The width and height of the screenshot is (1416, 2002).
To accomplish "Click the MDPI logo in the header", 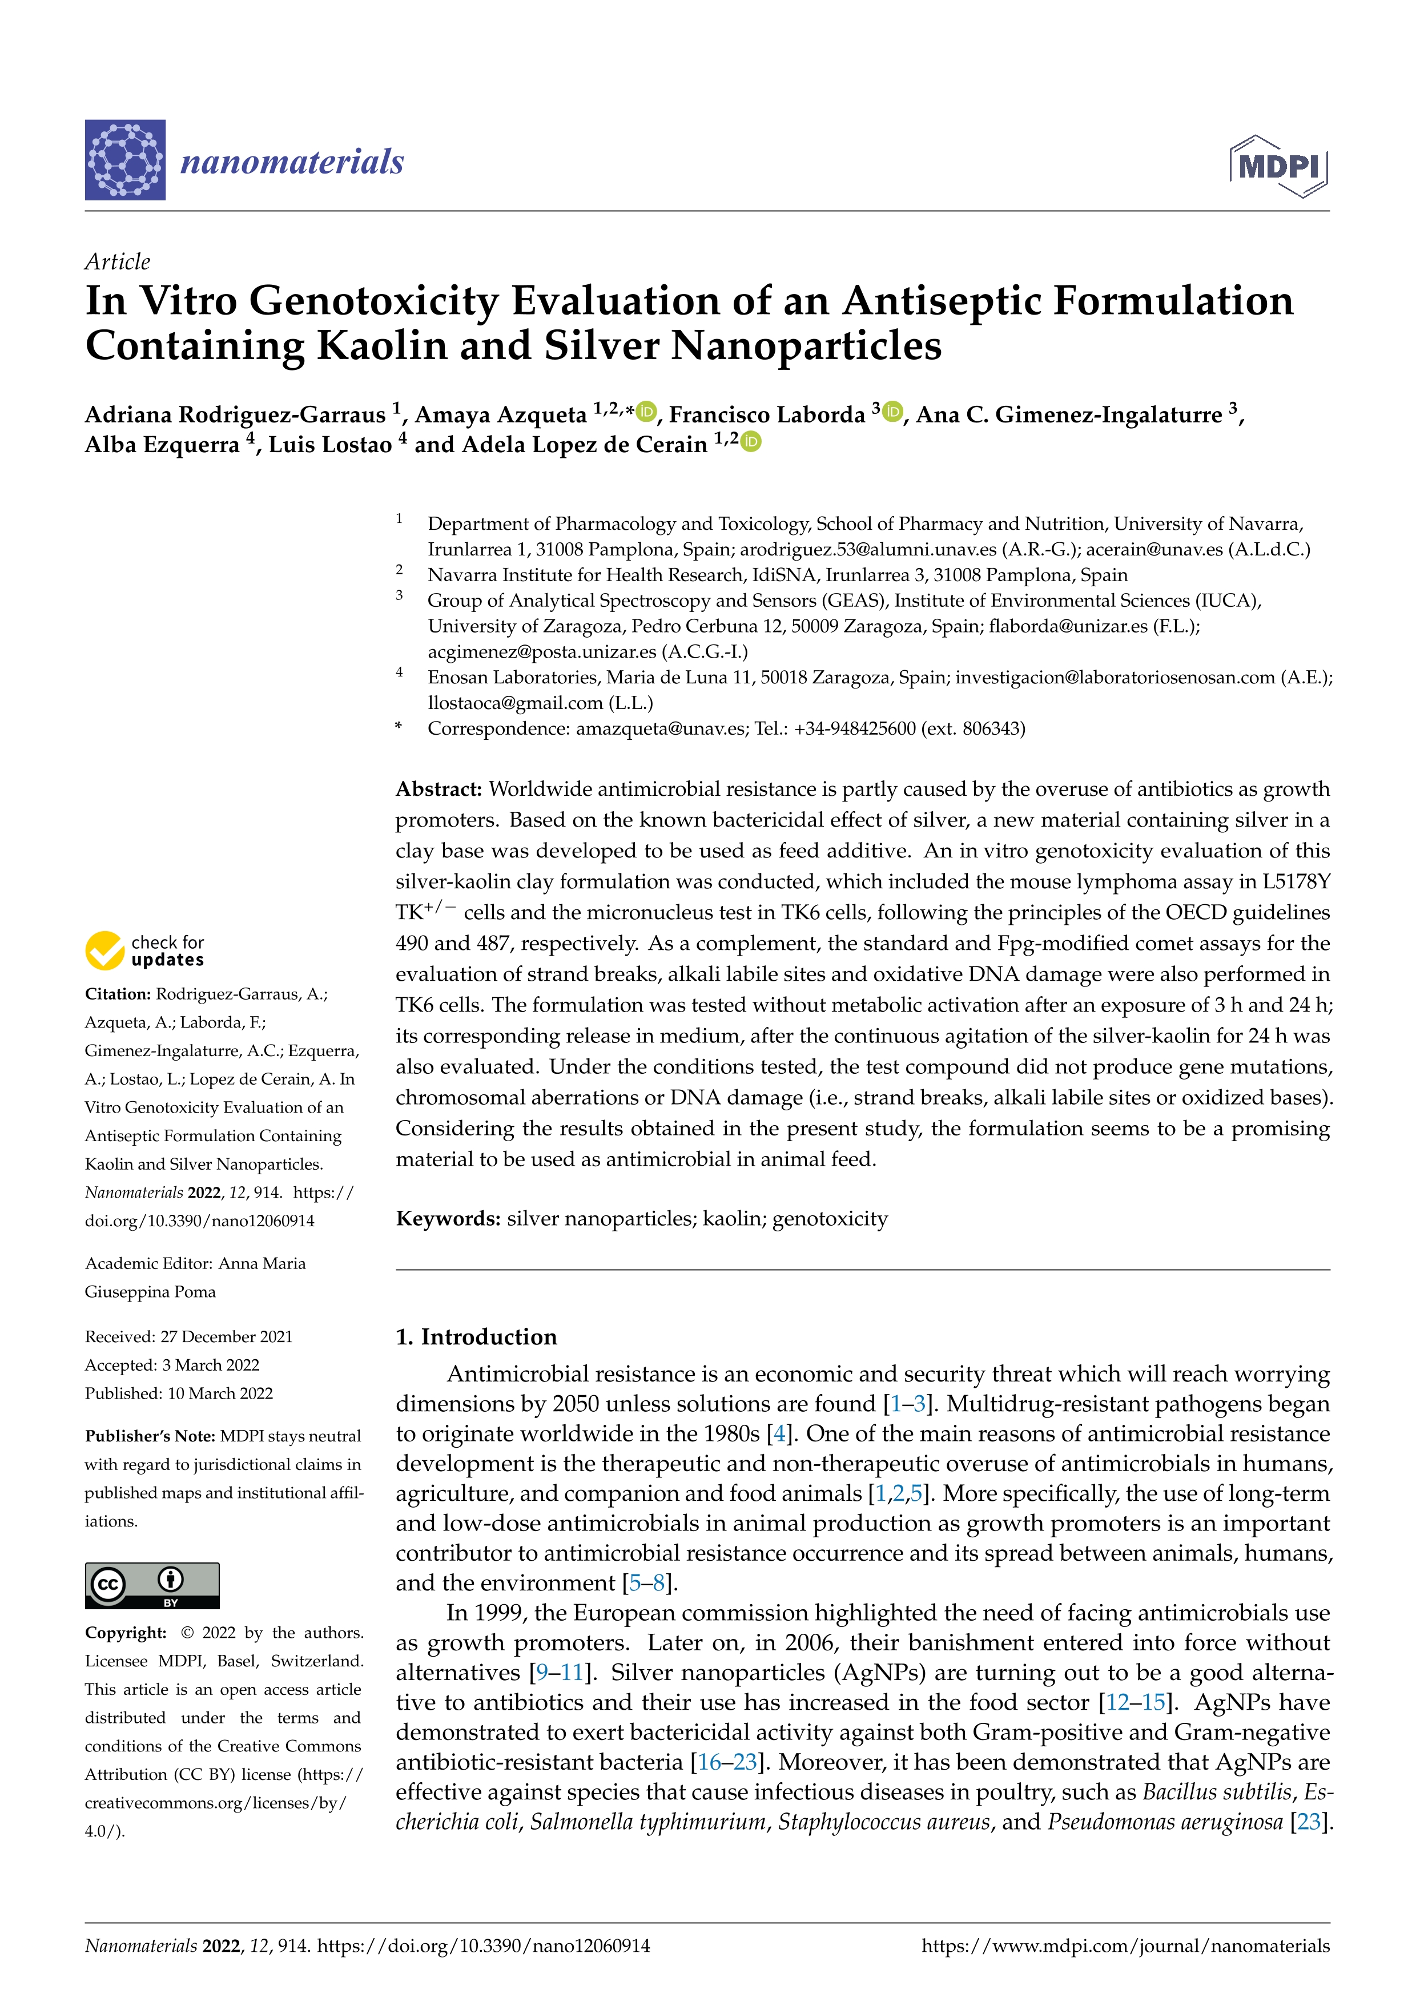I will tap(1278, 166).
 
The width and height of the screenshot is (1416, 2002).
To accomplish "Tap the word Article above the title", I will tap(117, 261).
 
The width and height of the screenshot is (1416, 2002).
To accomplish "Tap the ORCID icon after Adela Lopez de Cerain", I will tap(751, 442).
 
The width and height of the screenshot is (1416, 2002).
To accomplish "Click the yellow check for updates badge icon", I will tap(104, 950).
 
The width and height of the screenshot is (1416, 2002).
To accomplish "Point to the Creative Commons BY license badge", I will tap(152, 1585).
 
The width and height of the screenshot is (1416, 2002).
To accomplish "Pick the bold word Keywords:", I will tap(447, 1218).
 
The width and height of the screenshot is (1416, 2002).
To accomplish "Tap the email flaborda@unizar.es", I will tap(1068, 626).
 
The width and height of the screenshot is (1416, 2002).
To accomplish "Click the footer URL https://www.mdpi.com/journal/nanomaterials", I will tap(1125, 1946).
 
